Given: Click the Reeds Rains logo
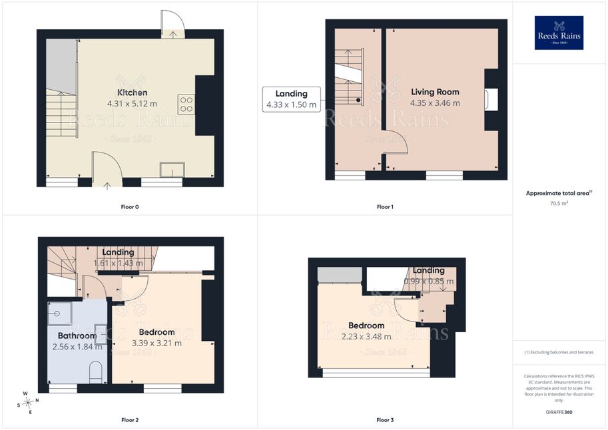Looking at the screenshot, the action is coord(559,33).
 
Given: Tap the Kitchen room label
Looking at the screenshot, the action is coord(133,93).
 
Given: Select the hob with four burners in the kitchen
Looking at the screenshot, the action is coord(186,104).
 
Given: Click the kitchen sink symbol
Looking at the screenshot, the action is coord(172,170).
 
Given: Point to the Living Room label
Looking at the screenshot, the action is coord(435,92).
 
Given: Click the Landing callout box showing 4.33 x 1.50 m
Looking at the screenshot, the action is coord(292,99).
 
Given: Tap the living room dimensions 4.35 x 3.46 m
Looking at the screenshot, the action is coord(435,103).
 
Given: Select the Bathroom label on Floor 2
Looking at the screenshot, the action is coord(77,335).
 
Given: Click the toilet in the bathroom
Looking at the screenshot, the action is coord(95,372).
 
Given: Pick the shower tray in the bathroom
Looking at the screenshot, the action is coord(59,314).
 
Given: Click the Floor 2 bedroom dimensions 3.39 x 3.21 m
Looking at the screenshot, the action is coord(156,343).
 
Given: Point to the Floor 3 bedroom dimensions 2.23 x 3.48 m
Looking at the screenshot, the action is coord(366,337).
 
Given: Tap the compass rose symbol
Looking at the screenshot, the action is coord(27,403).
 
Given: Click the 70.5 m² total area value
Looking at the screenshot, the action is coord(559,203).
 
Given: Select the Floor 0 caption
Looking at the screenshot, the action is coord(129,207).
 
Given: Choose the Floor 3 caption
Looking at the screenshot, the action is coord(385,420).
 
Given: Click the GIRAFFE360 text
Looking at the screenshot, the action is coord(559,412).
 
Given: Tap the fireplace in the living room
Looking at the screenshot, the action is coord(491,100).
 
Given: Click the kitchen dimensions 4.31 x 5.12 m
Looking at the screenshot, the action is coord(133,104).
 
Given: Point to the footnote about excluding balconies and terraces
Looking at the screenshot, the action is coord(559,352).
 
